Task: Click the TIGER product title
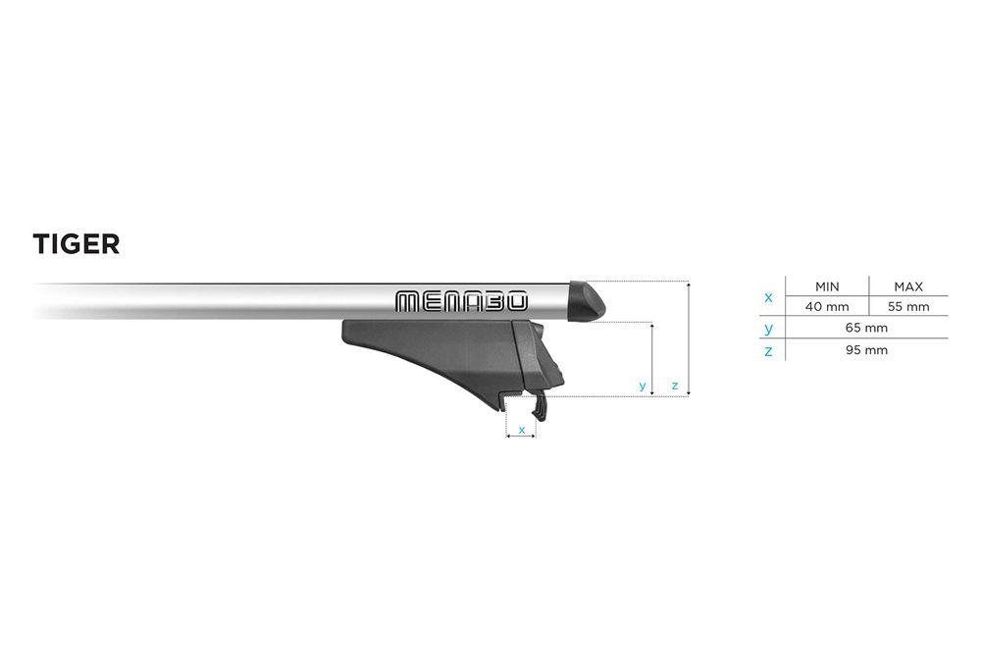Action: (x=77, y=244)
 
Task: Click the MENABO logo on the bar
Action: (x=462, y=301)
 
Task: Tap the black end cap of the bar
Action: (x=587, y=301)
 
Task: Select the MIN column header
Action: (x=827, y=287)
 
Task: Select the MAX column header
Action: (x=908, y=287)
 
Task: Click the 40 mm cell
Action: (x=827, y=306)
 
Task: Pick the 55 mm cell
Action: (x=908, y=306)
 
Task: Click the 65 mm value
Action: (x=866, y=328)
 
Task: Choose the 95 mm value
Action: (x=866, y=350)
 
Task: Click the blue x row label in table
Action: (x=769, y=297)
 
